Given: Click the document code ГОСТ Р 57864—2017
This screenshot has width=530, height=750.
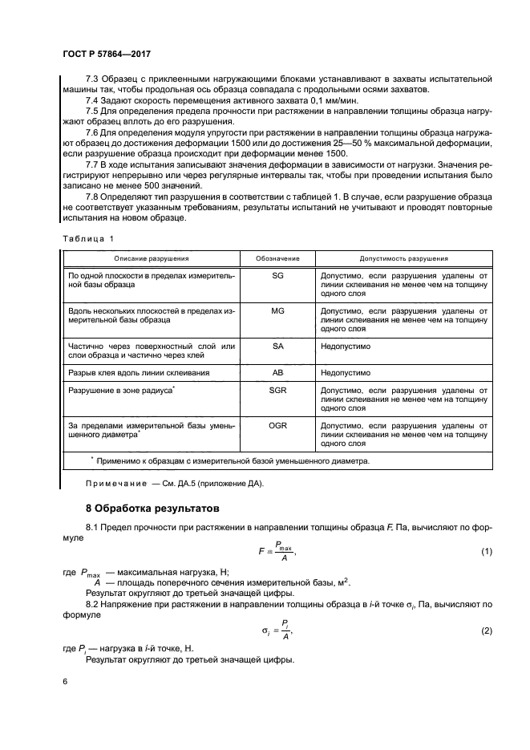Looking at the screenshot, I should [x=107, y=52].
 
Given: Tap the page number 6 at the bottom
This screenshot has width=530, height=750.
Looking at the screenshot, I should [x=65, y=681].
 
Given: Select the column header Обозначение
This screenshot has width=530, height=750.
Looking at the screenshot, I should [x=277, y=259].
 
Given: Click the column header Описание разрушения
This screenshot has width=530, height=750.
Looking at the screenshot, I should [x=152, y=259].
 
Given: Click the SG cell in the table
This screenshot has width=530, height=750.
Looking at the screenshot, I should [x=277, y=275].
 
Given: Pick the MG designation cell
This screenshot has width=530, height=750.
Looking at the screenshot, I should [x=277, y=310].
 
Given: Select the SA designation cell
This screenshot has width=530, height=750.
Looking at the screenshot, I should [x=277, y=346].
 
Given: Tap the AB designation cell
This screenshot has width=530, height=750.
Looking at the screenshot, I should [x=277, y=373].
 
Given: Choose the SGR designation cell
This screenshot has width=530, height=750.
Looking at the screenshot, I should [x=277, y=389].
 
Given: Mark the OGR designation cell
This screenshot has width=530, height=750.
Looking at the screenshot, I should [x=277, y=424].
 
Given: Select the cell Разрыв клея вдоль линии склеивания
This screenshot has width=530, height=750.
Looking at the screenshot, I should [x=140, y=373].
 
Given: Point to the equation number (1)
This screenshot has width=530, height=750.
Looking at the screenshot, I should [x=485, y=552].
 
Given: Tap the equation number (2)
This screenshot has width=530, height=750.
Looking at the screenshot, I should [x=485, y=631].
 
